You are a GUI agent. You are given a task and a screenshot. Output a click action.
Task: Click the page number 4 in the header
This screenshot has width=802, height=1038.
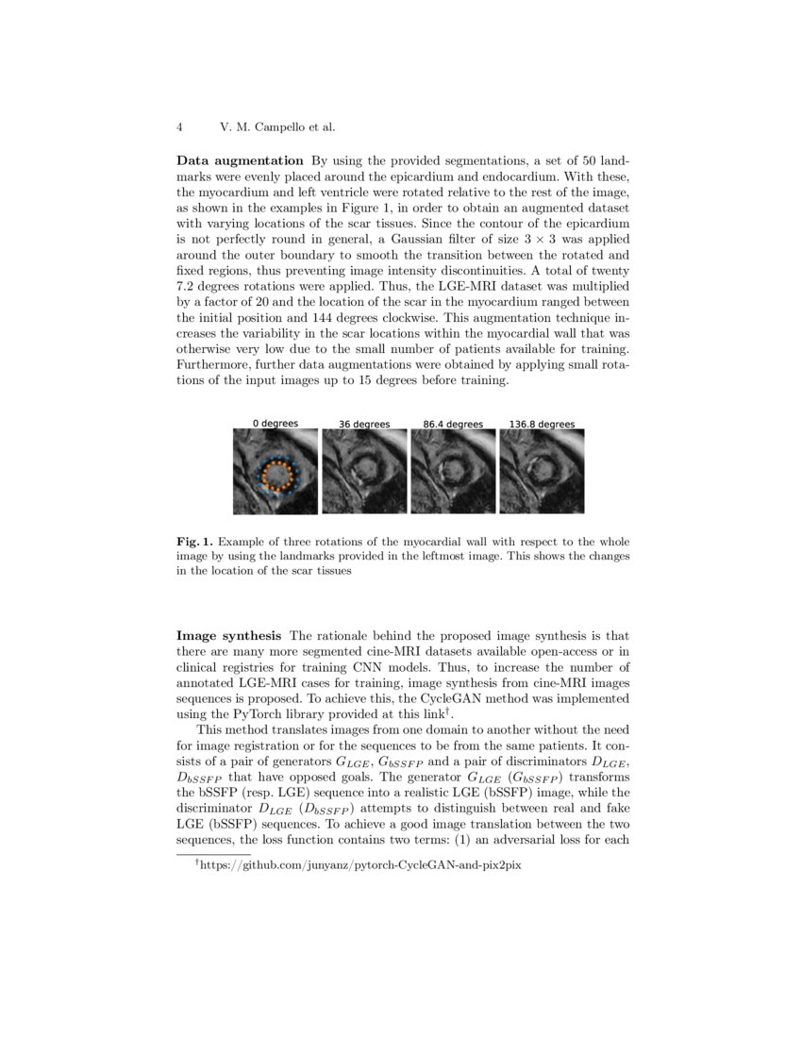point(178,126)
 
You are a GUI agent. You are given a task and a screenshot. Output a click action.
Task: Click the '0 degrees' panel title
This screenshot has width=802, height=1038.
point(276,424)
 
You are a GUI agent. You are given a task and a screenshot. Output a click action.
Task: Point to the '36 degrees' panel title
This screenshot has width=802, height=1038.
point(364,425)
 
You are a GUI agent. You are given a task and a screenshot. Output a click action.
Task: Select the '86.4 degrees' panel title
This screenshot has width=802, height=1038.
point(453,425)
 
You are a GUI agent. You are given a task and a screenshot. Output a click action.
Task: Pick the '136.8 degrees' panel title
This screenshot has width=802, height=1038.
point(542,425)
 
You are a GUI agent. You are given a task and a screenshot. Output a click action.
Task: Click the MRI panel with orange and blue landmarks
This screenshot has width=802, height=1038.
point(276,472)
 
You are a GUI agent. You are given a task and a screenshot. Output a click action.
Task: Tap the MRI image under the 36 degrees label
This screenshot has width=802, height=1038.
point(364,472)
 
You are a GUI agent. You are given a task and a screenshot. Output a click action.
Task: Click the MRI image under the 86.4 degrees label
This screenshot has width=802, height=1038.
point(453,472)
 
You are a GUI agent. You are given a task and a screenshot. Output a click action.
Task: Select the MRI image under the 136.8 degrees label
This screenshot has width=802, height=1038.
point(542,472)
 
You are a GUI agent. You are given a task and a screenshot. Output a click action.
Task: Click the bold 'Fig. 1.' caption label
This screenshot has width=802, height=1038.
point(195,543)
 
